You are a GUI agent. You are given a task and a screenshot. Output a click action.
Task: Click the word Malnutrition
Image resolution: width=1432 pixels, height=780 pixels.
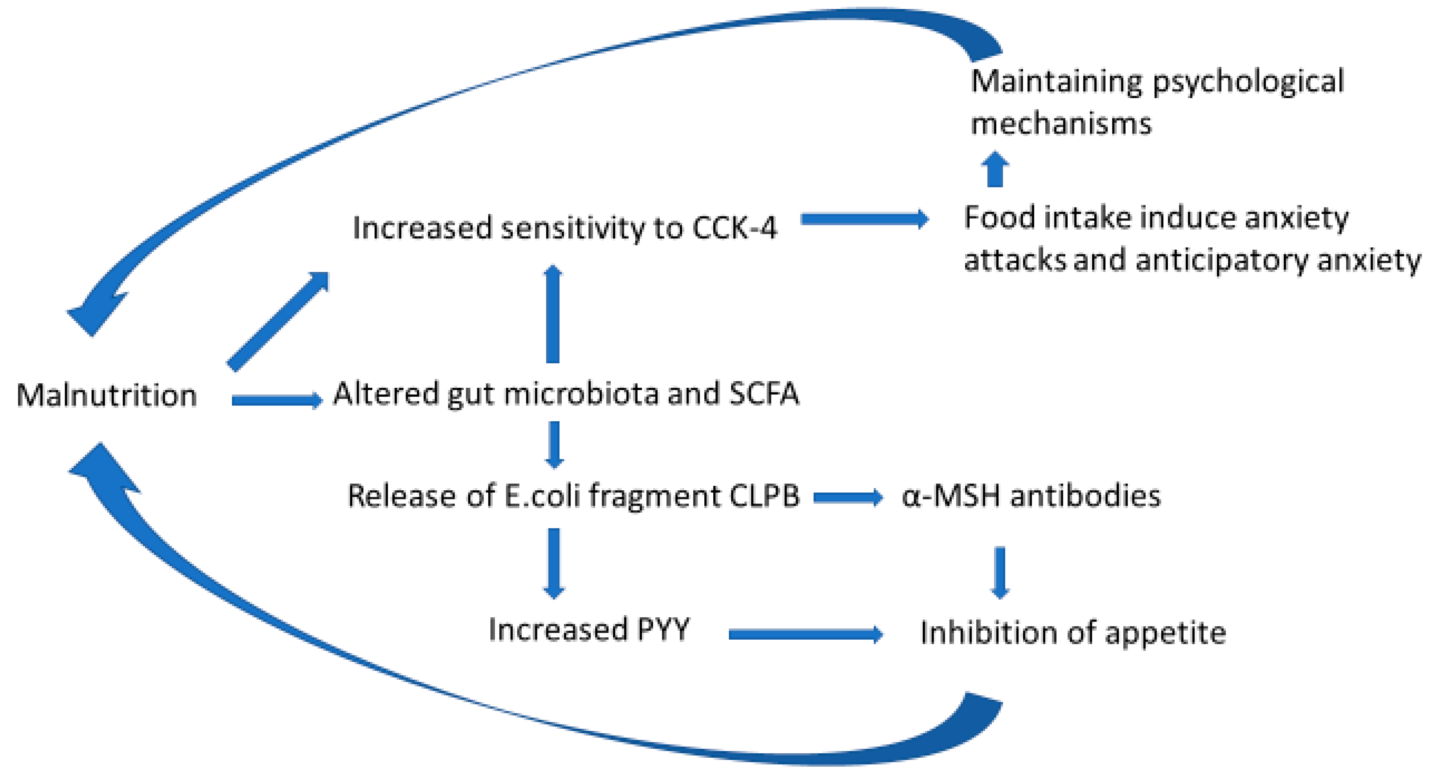tap(107, 395)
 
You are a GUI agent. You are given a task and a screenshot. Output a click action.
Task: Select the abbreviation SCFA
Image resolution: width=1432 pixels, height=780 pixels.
tap(764, 394)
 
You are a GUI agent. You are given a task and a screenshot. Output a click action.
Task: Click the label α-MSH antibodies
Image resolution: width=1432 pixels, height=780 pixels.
tap(1031, 495)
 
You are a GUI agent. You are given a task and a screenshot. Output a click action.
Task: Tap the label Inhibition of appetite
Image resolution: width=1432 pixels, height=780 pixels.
tap(1073, 633)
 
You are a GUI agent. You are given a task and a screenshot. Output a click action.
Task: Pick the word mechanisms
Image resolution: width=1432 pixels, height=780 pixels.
tap(1061, 123)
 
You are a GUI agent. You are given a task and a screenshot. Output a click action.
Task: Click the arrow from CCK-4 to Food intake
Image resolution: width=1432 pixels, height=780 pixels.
tap(864, 219)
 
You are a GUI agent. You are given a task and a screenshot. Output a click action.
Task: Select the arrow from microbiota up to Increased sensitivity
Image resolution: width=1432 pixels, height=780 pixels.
tap(553, 314)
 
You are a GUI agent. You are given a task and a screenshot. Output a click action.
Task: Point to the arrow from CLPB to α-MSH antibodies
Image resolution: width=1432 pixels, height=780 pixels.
tap(848, 497)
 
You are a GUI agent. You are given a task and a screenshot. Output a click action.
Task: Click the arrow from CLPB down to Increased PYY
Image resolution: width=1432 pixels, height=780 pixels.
tap(554, 563)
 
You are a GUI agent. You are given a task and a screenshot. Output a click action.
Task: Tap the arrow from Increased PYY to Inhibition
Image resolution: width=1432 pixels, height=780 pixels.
tap(805, 634)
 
